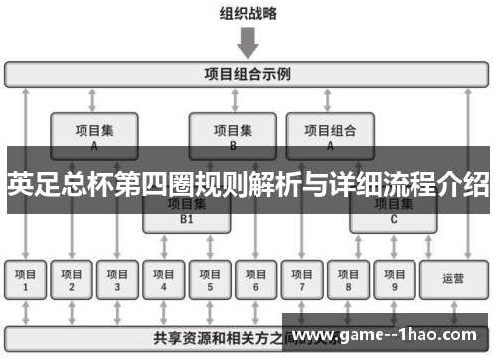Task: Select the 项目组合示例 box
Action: tap(248, 74)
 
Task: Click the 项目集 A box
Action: tap(93, 135)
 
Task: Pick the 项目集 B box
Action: tap(232, 135)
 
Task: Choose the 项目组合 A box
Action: tap(329, 135)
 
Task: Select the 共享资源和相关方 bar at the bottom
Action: tap(199, 336)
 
